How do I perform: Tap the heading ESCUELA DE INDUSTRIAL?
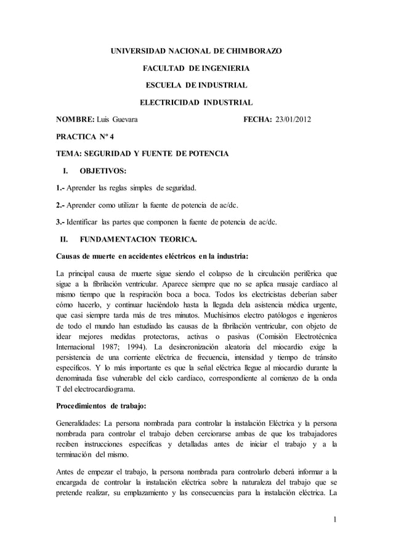(x=196, y=84)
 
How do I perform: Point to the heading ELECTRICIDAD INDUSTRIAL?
(x=196, y=102)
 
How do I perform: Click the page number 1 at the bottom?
(x=333, y=525)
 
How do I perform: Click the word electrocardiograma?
(x=99, y=390)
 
